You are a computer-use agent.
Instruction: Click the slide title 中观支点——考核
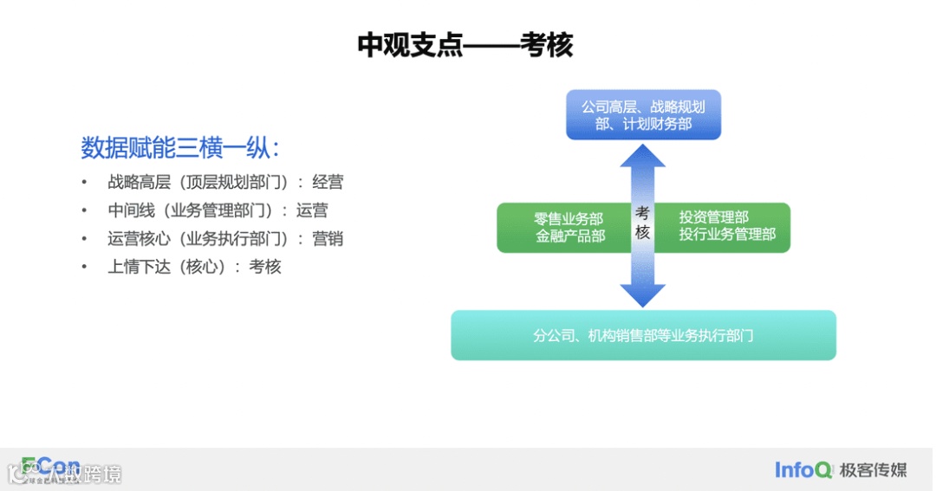click(465, 45)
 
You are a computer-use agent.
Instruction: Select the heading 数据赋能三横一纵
click(179, 148)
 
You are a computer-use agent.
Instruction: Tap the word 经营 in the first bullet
click(328, 183)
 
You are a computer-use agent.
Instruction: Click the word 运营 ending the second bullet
click(312, 210)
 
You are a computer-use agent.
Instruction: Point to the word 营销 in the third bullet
click(328, 239)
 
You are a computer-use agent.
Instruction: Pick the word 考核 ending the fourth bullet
click(265, 267)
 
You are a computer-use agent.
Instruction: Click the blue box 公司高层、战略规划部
click(643, 115)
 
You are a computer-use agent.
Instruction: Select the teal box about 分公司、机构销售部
click(643, 335)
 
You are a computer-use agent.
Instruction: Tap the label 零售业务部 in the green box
click(569, 219)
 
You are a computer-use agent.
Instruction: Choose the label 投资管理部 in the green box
click(713, 218)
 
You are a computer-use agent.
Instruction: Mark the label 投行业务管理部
click(727, 235)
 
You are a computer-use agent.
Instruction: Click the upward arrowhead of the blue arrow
click(642, 156)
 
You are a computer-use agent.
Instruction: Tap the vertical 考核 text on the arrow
click(642, 223)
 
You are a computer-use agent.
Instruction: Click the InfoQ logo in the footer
click(804, 470)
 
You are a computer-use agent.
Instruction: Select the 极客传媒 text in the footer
click(873, 470)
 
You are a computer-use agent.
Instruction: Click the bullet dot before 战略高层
click(84, 183)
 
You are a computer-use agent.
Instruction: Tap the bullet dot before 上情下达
click(84, 267)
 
